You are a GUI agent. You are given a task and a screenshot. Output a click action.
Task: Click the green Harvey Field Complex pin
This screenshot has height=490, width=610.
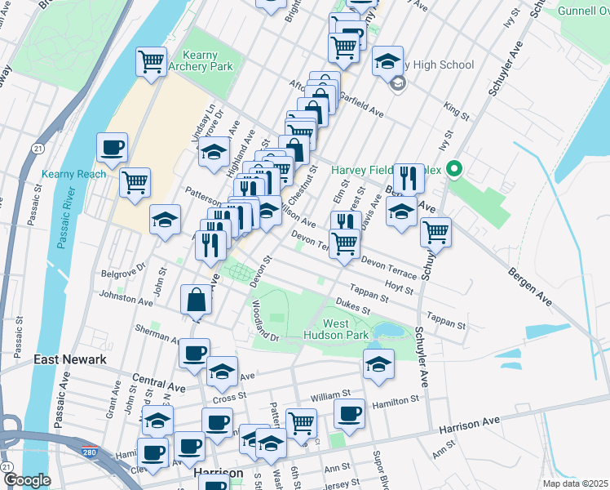(x=456, y=170)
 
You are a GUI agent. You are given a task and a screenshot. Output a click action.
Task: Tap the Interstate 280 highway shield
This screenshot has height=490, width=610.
(x=88, y=450)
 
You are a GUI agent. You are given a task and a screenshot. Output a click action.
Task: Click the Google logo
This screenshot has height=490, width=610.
(x=26, y=480)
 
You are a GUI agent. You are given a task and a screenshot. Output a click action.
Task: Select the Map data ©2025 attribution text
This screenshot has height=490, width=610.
(x=574, y=483)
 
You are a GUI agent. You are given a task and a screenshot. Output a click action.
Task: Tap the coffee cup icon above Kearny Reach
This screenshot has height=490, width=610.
(x=113, y=148)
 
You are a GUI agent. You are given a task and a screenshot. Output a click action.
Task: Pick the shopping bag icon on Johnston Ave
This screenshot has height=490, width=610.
(x=197, y=299)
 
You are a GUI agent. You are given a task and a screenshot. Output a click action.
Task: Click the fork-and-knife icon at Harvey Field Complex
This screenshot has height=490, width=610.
(x=408, y=176)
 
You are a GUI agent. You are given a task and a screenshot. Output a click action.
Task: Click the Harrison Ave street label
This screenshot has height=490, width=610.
(x=468, y=425)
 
